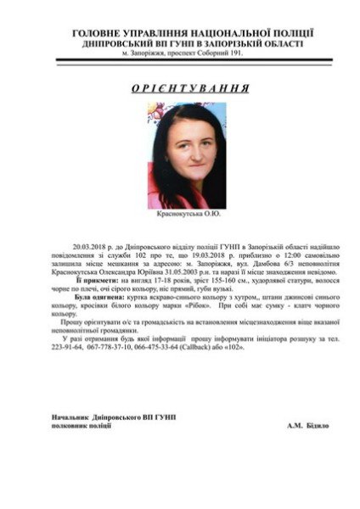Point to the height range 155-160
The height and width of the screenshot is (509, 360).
pos(208,277)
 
